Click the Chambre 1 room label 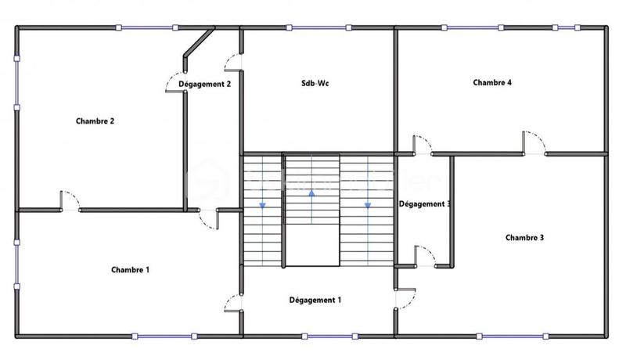pyautogui.click(x=130, y=270)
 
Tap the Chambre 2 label pyautogui.click(x=95, y=121)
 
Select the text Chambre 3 pyautogui.click(x=524, y=237)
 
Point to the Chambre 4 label pyautogui.click(x=492, y=82)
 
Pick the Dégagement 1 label pyautogui.click(x=315, y=300)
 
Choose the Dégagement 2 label pyautogui.click(x=205, y=84)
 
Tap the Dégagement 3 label pyautogui.click(x=424, y=204)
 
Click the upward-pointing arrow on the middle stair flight pyautogui.click(x=311, y=192)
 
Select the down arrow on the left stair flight pyautogui.click(x=262, y=205)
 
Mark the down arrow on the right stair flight pyautogui.click(x=367, y=206)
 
